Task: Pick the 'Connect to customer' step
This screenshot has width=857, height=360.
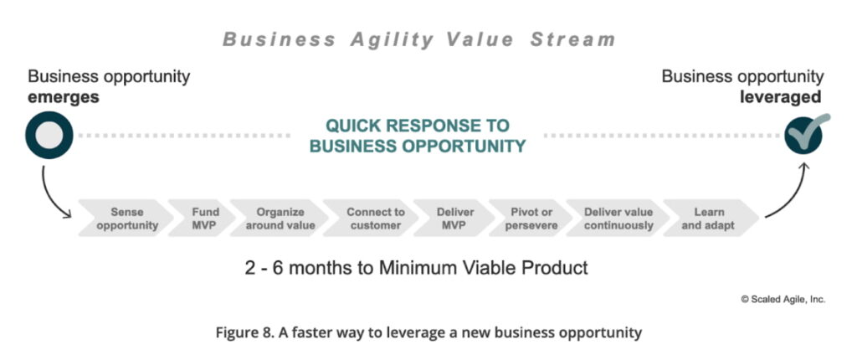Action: pos(369,219)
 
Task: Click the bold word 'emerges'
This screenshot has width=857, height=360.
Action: pos(64,97)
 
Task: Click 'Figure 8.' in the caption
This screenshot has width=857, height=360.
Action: pos(246,332)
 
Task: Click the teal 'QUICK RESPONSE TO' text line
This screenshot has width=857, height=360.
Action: pos(417,126)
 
